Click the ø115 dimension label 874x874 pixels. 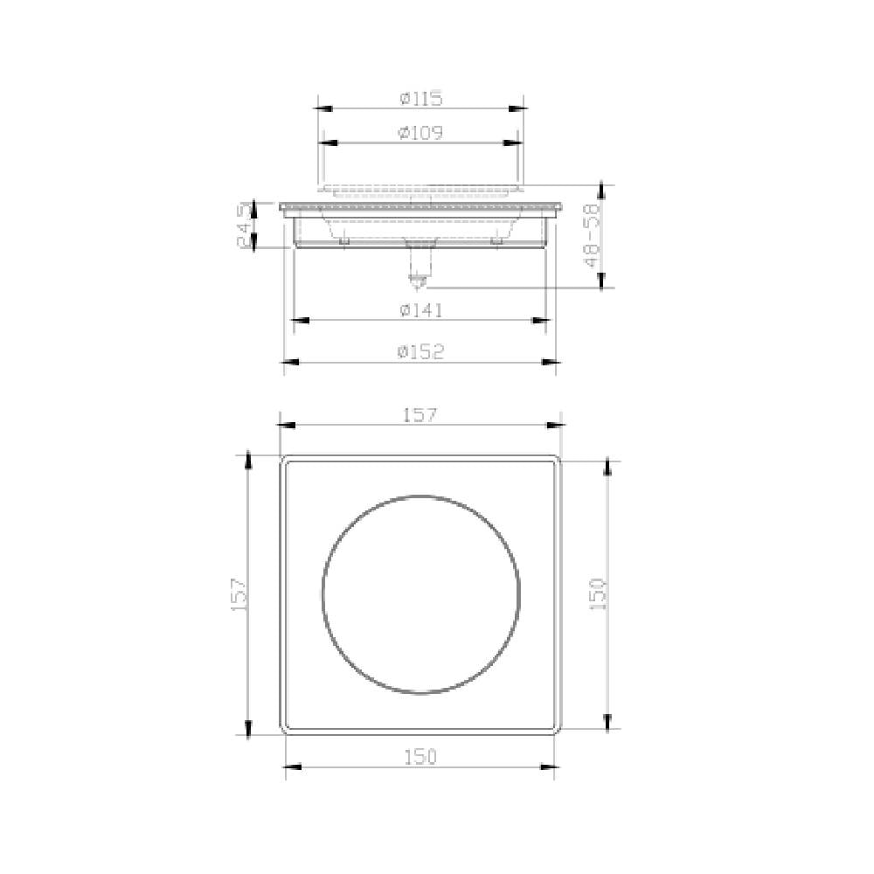click(x=421, y=99)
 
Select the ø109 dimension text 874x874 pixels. click(x=420, y=133)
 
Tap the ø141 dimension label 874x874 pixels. click(x=420, y=310)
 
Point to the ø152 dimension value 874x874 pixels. click(x=420, y=351)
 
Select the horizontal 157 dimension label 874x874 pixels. click(x=420, y=415)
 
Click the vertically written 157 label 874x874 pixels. click(x=240, y=593)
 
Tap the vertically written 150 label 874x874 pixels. click(x=599, y=593)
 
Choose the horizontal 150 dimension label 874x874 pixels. click(x=420, y=757)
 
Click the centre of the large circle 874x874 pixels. click(x=421, y=594)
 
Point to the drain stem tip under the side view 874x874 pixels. click(x=419, y=281)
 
